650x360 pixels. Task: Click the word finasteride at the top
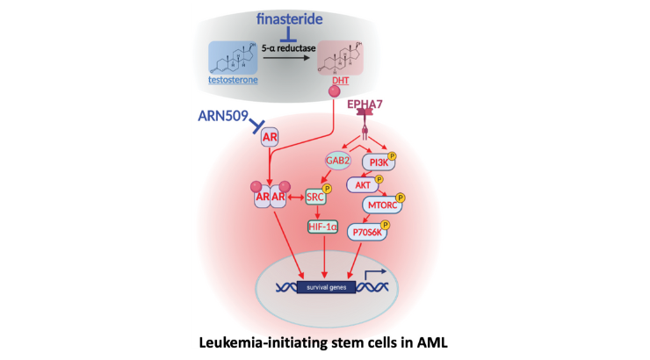[289, 19]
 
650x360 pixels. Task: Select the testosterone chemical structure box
[233, 58]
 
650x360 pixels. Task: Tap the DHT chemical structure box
[340, 58]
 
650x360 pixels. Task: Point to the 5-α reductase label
[288, 48]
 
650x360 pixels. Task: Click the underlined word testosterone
[233, 80]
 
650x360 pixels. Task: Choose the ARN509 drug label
[223, 116]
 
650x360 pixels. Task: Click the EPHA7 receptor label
[365, 104]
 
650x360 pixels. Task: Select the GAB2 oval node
[338, 161]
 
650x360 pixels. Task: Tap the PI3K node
[379, 162]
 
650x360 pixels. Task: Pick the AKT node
[363, 185]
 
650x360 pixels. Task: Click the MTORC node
[382, 205]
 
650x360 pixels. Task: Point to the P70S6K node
[367, 233]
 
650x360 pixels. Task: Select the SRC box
[315, 198]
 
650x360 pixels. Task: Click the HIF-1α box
[322, 227]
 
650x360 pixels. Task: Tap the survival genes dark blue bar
[326, 287]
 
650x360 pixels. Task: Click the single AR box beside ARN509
[270, 137]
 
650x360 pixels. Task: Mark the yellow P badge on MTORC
[400, 198]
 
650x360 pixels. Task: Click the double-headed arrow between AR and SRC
[296, 198]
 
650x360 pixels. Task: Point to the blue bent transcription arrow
[375, 273]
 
